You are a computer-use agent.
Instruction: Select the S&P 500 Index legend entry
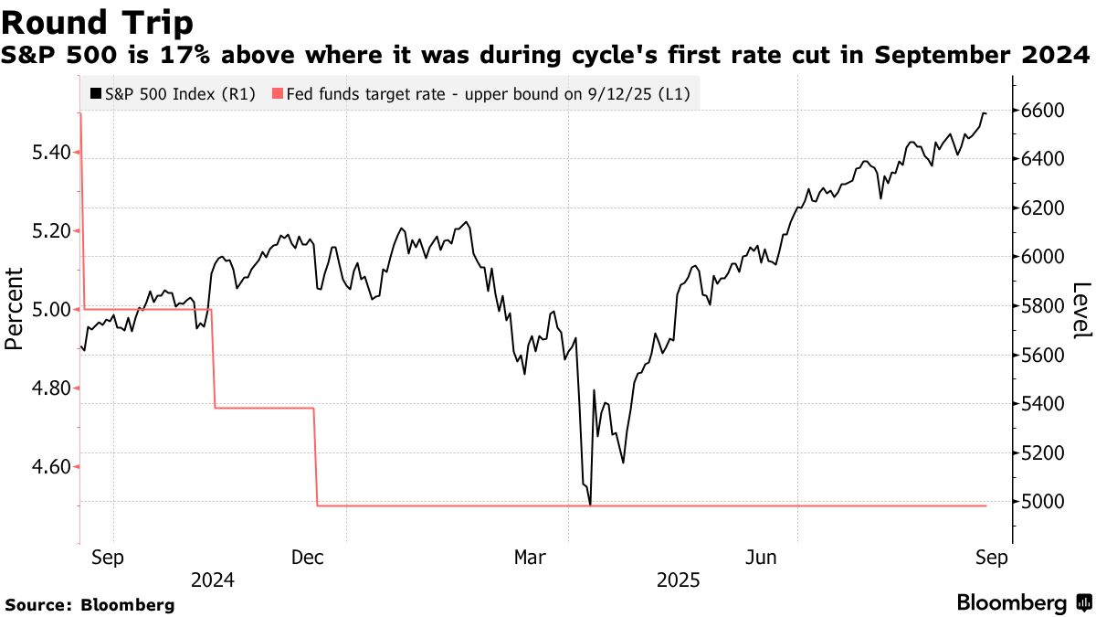tap(174, 93)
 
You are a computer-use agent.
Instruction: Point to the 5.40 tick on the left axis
tap(51, 152)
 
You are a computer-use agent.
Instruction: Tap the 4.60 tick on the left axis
tap(51, 467)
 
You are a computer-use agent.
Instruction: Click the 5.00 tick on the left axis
tap(51, 310)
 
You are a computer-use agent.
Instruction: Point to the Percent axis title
tap(14, 309)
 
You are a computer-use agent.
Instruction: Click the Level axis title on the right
tap(1081, 309)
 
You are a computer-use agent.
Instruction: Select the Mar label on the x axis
tap(531, 558)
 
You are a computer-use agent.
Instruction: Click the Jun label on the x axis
tap(761, 558)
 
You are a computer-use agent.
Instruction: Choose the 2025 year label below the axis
tap(678, 580)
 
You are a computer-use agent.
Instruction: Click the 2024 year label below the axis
tap(213, 580)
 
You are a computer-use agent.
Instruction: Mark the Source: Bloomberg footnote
tap(90, 604)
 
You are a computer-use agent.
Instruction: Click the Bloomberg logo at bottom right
tap(1023, 603)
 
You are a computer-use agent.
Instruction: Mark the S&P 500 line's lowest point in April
tap(591, 505)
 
